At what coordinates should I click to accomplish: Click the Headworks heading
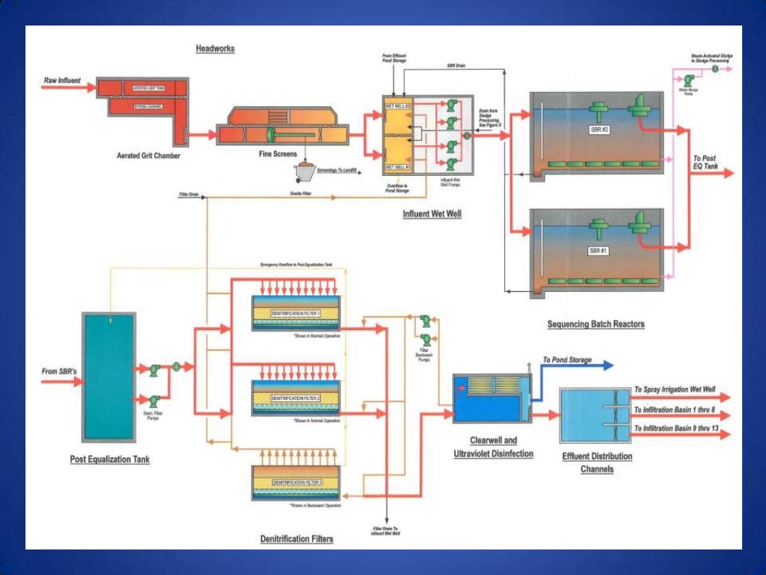(215, 49)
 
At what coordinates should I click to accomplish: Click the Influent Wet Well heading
(432, 214)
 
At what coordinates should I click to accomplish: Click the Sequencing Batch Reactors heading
(595, 324)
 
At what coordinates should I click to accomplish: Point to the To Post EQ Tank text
(705, 162)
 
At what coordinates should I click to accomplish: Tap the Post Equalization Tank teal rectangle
(108, 377)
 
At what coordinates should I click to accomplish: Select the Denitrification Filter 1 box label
(295, 313)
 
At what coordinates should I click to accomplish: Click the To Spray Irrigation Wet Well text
(674, 389)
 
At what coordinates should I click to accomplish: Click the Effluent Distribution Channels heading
(596, 463)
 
